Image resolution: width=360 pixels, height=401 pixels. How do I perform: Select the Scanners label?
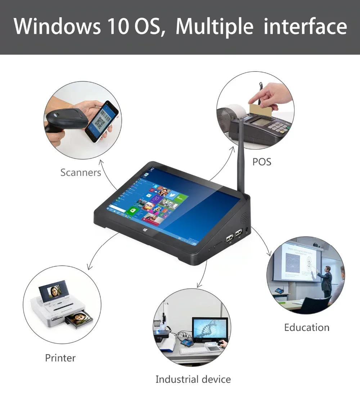81,173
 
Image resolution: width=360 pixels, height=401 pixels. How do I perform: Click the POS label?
262,162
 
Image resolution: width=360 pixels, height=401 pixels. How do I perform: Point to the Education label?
306,328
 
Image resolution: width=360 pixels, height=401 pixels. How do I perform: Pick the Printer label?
60,358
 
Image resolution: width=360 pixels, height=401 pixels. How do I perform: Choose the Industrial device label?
193,379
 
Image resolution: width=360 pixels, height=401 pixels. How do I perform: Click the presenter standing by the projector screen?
327,281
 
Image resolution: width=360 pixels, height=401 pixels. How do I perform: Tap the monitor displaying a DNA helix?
210,330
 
